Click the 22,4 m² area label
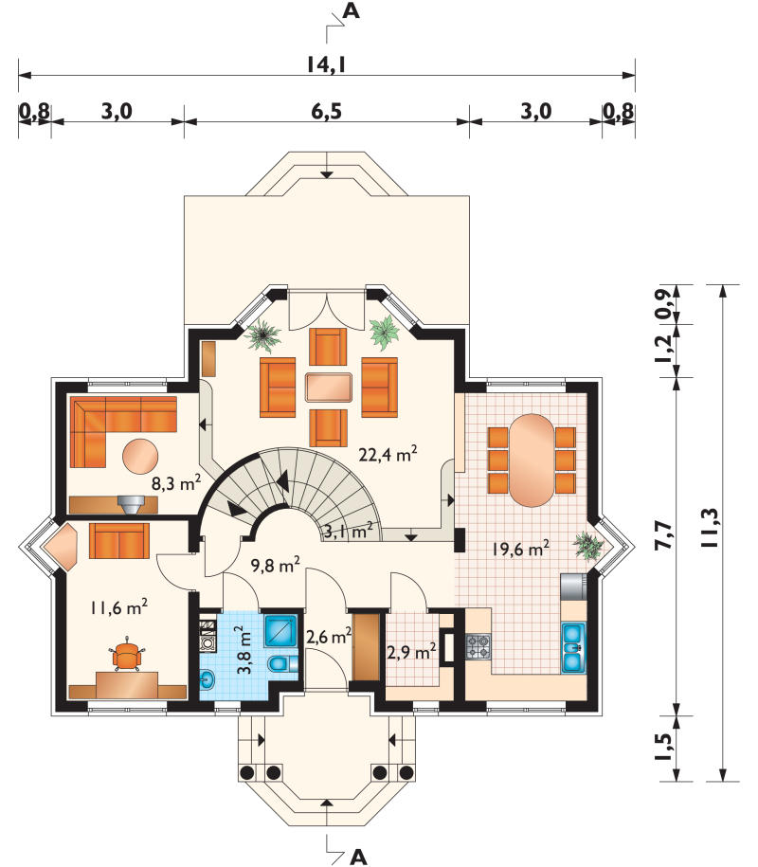coord(388,454)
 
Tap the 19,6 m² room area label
coord(520,549)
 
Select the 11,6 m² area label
coord(118,607)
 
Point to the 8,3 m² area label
coord(176,483)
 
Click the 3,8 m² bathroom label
coord(244,650)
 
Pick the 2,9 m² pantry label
coord(411,653)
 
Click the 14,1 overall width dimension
coord(326,64)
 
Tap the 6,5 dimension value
coord(326,111)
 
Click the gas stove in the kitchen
coord(478,646)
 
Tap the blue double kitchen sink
coord(573,647)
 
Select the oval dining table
coord(531,461)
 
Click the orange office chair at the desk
coord(127,656)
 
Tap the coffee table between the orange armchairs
coord(329,387)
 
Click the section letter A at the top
coord(352,10)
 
